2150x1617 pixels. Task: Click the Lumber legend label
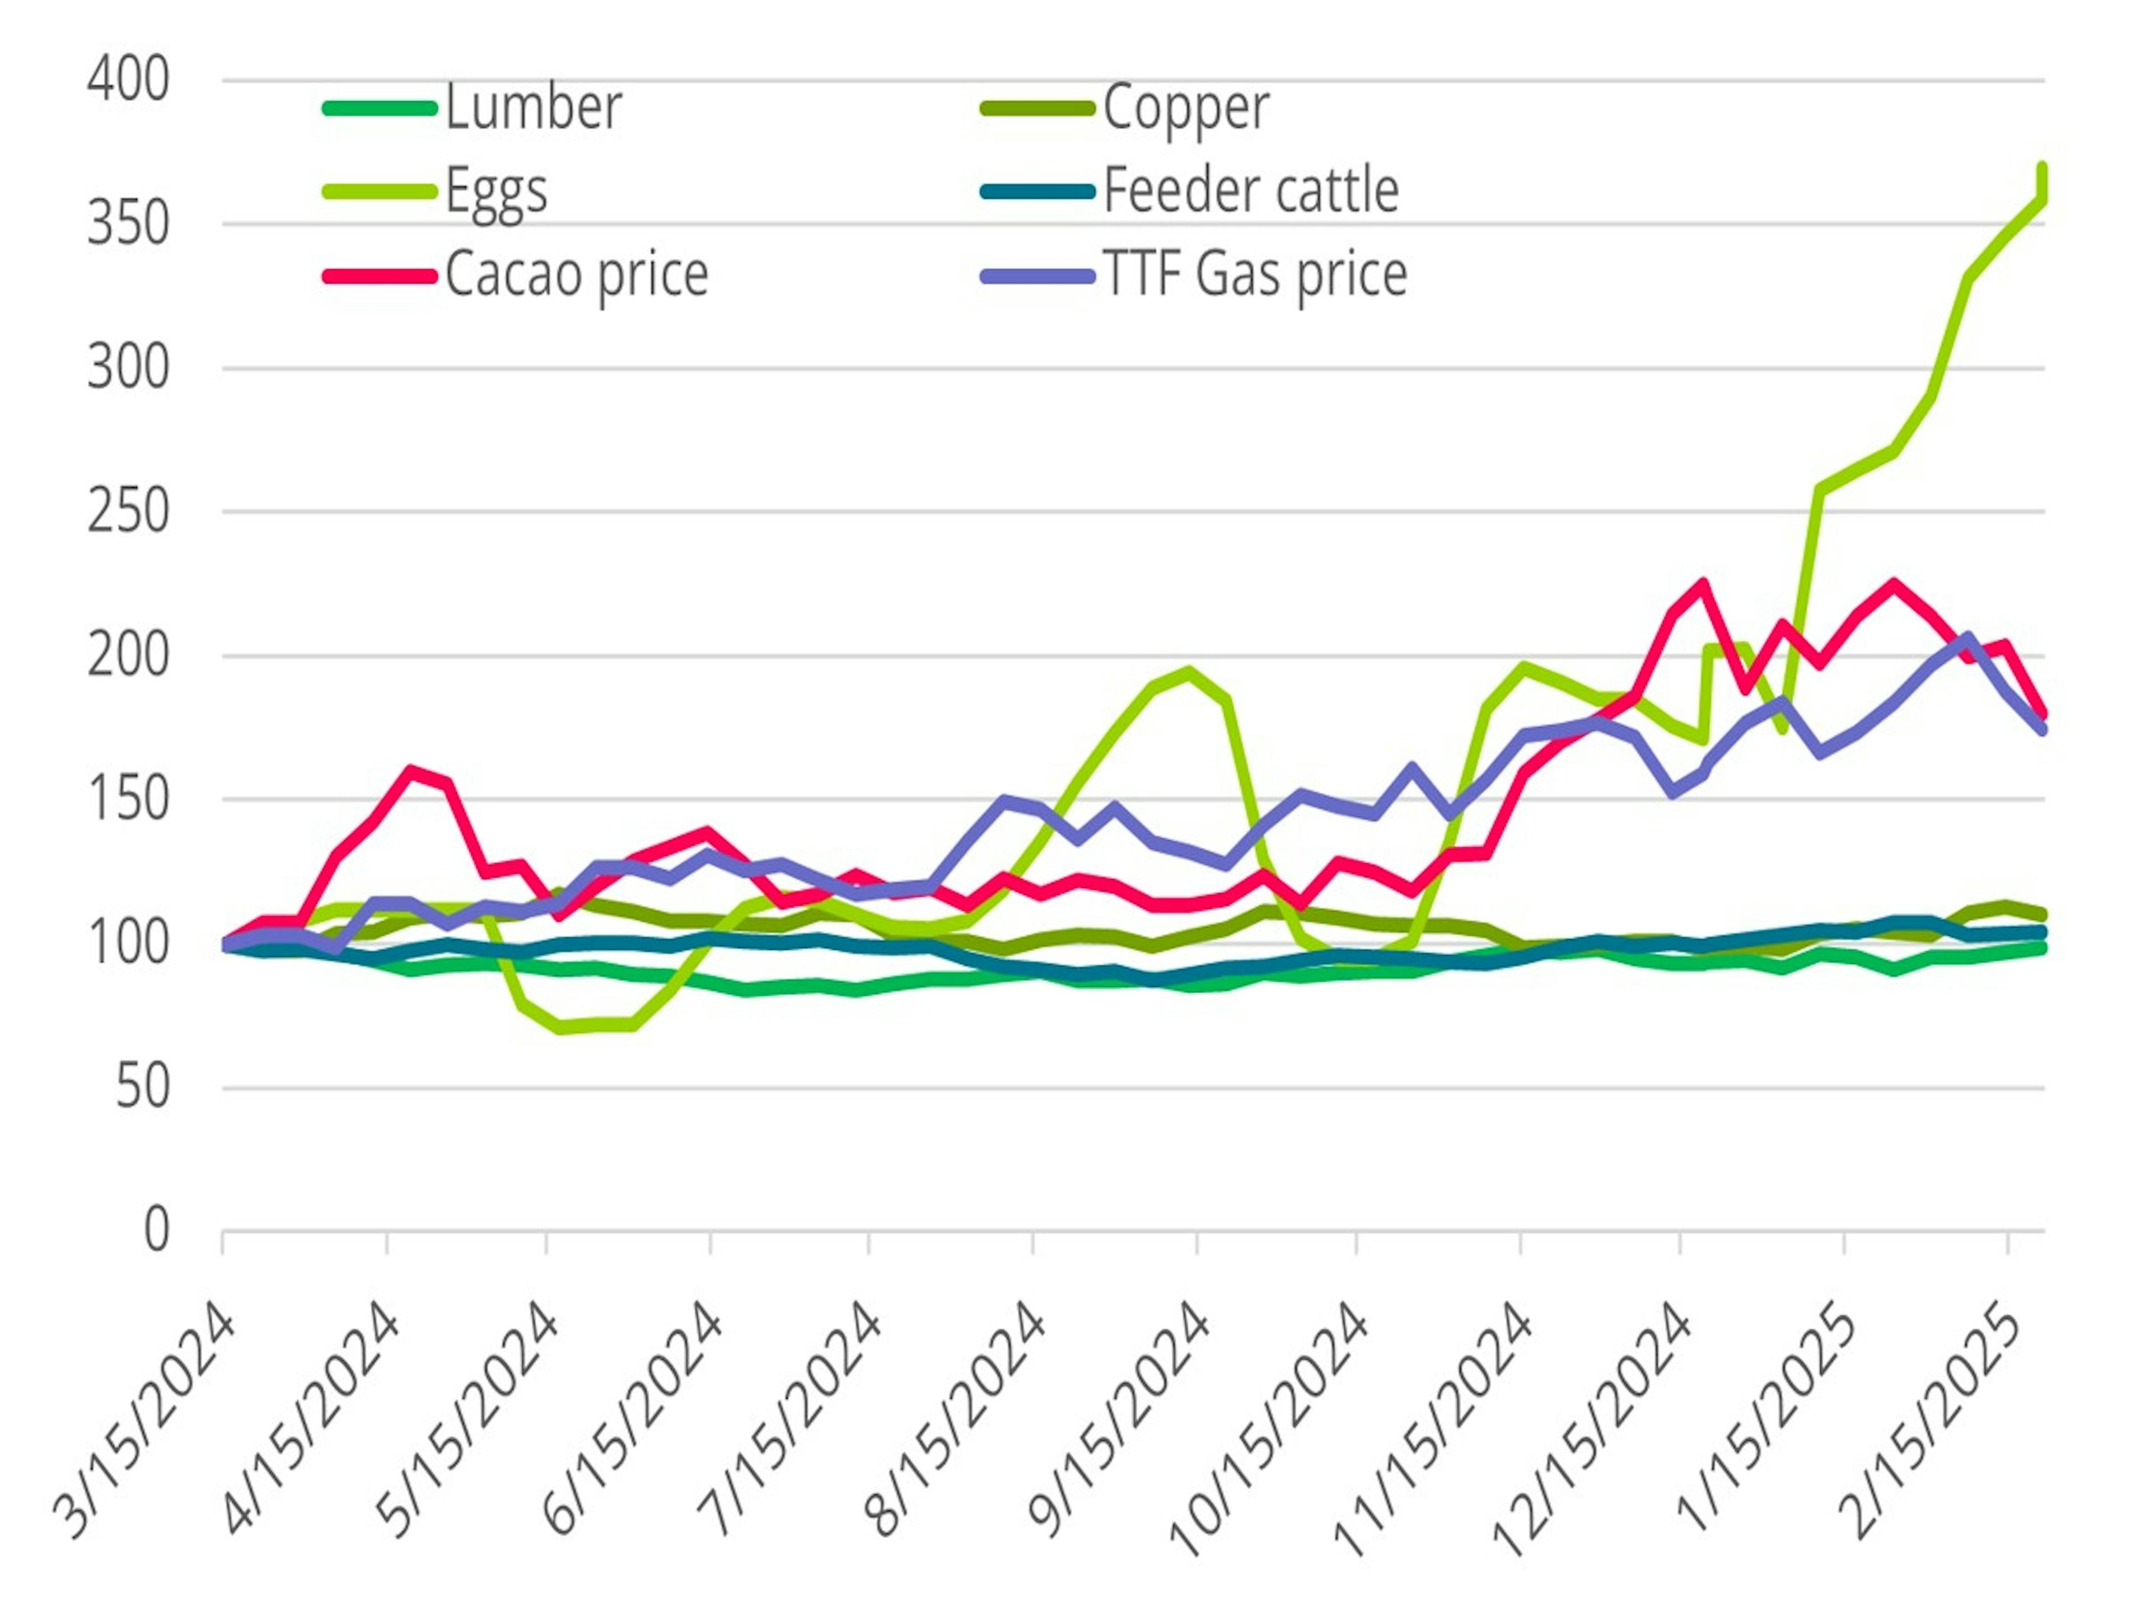coord(532,107)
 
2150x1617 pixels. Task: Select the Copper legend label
coord(1186,107)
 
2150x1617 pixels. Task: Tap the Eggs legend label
coord(496,190)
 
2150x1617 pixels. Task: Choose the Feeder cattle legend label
coord(1251,190)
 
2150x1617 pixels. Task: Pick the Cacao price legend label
coord(576,275)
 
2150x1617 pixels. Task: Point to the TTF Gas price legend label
coord(1255,275)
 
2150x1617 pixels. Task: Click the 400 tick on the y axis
coord(128,79)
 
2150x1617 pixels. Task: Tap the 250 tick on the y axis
coord(128,512)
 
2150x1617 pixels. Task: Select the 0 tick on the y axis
coord(156,1230)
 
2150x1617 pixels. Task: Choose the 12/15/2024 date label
coord(1594,1433)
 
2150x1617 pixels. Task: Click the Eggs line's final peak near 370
coord(2042,168)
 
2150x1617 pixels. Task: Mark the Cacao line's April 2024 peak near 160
coord(411,772)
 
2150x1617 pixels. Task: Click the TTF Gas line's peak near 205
coord(1967,638)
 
